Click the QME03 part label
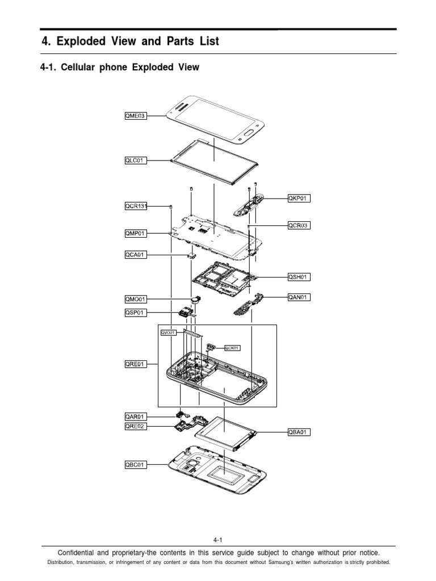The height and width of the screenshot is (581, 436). [135, 116]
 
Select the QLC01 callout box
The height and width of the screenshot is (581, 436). [135, 161]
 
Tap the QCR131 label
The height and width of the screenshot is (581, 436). [136, 206]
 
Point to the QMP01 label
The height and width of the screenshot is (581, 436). [135, 233]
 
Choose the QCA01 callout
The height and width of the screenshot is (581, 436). [135, 255]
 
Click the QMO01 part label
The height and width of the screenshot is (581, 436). [135, 299]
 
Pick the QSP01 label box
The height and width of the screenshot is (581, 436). [135, 313]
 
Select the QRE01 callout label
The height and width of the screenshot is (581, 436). [135, 364]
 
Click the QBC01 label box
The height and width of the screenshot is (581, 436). [135, 465]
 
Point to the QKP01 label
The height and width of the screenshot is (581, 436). [299, 199]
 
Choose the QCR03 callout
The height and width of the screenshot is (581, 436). [299, 225]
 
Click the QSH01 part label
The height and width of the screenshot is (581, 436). [299, 277]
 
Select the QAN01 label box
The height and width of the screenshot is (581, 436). [299, 297]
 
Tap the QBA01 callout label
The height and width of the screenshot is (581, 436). [299, 432]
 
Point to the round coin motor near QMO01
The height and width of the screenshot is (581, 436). [196, 298]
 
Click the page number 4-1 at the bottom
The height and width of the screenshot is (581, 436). [218, 540]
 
